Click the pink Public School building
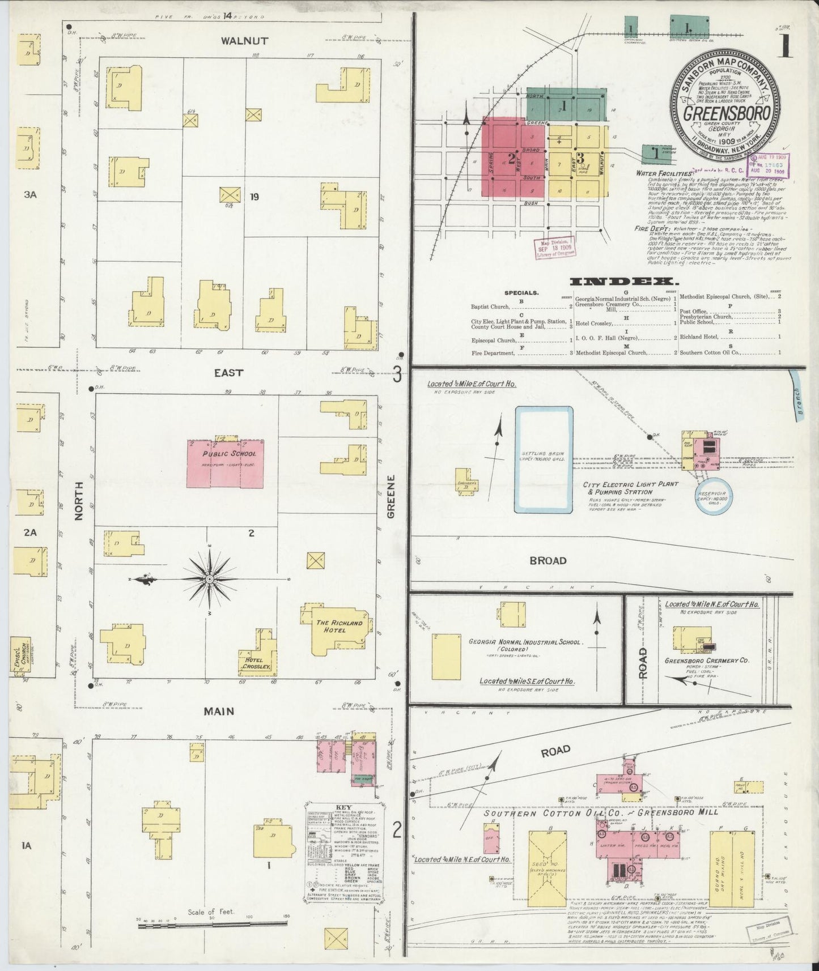pyautogui.click(x=225, y=463)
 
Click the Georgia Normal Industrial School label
pyautogui.click(x=524, y=642)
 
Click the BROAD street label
pyautogui.click(x=548, y=560)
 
